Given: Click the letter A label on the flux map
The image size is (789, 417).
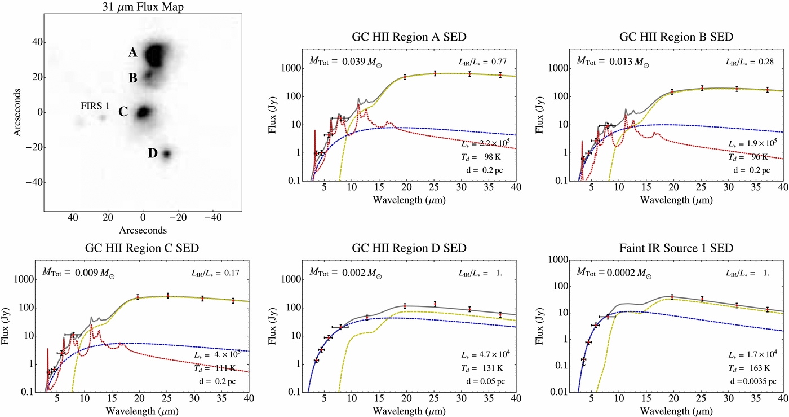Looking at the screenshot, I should [x=133, y=53].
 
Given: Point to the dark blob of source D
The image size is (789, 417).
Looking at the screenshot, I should [x=167, y=153].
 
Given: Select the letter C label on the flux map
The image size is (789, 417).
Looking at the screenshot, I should [x=123, y=112].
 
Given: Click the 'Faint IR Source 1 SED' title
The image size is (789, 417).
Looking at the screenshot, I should [x=676, y=249].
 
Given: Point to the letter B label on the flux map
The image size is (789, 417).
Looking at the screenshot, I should [x=133, y=78].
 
